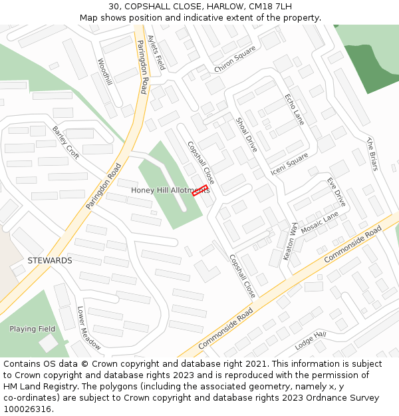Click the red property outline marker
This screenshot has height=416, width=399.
pos(199,190)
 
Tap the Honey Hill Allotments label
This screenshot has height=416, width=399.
pos(170,190)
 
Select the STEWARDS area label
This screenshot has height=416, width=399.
pos(50,261)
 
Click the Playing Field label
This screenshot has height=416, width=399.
pos(32,329)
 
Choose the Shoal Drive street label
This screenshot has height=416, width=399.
pos(246,135)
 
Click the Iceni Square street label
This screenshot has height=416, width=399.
pos(289,164)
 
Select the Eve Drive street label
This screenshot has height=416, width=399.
pos(336,192)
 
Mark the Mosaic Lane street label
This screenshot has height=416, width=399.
pos(320,223)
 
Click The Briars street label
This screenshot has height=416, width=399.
pos(372,154)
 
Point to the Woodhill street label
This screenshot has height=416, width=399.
pos(104,72)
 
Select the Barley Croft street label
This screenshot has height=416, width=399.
pos(65,142)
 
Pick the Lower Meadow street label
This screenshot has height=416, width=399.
pos(89,328)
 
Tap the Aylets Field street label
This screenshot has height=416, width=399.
pos(156,53)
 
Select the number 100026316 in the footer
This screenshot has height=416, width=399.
pos(27,409)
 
